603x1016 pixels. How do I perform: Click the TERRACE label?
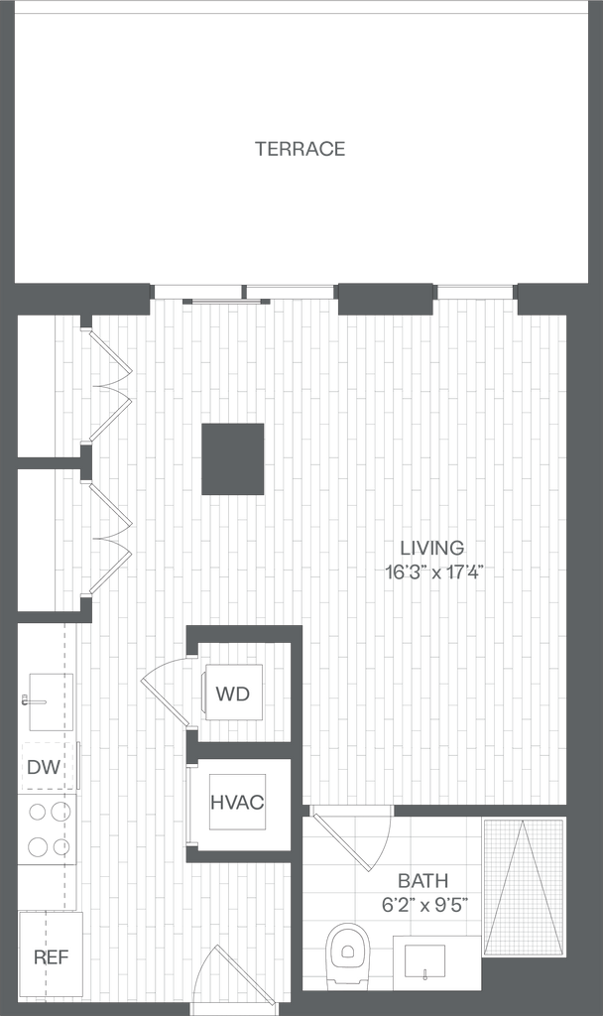click(x=301, y=150)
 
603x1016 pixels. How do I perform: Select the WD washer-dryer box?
click(x=233, y=693)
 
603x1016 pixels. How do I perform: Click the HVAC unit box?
click(x=237, y=802)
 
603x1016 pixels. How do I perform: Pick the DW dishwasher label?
click(x=40, y=767)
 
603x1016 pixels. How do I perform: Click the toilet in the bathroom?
click(x=347, y=954)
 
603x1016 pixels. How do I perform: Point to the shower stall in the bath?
click(x=523, y=886)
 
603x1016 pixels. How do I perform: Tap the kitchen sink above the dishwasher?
click(x=48, y=702)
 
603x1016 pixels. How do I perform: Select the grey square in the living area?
click(x=233, y=458)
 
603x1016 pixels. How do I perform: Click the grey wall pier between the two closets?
click(x=85, y=463)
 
